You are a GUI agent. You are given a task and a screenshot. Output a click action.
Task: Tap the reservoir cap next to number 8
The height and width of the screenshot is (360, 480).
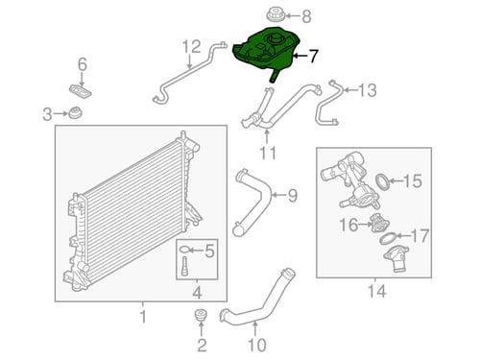click(x=276, y=14)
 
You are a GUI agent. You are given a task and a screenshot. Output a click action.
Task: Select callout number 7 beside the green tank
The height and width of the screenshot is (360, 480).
click(x=312, y=56)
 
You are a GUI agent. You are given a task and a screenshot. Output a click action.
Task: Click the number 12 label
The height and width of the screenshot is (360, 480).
click(x=192, y=47)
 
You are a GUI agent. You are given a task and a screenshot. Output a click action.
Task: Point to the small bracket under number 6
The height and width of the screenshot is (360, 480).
click(x=81, y=90)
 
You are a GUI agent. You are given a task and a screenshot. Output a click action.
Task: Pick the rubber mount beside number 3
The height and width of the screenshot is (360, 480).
click(x=76, y=112)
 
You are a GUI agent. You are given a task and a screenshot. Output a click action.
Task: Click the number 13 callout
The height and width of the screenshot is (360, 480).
click(x=368, y=90)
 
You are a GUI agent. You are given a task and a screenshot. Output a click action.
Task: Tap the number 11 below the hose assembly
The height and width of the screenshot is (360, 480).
click(x=268, y=153)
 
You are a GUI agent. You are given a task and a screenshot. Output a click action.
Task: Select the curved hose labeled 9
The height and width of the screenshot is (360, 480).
click(x=252, y=202)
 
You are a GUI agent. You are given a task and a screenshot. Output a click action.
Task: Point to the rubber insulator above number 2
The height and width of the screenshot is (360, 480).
click(x=201, y=315)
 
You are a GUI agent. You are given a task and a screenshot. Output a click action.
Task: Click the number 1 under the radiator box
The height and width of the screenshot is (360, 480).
click(x=143, y=317)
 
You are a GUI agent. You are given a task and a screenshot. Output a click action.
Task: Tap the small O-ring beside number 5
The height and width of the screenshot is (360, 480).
click(x=185, y=250)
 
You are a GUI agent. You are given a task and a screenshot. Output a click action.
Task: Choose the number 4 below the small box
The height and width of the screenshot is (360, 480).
click(x=197, y=293)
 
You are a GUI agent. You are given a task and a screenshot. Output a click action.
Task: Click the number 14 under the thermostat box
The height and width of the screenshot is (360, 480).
click(x=376, y=291)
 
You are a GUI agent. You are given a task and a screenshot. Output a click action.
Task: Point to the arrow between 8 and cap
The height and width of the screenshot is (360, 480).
click(x=292, y=15)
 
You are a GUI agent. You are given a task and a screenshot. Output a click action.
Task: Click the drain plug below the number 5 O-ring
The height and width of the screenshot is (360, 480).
click(x=185, y=266)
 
